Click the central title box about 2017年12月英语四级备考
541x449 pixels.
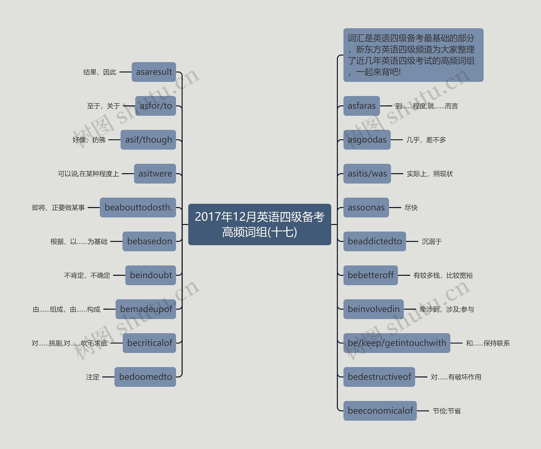click(x=260, y=224)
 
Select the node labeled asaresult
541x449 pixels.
click(x=154, y=72)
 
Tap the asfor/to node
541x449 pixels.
click(x=156, y=106)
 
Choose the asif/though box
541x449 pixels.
click(x=148, y=140)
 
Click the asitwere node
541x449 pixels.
click(x=155, y=174)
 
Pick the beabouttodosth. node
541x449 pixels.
click(x=138, y=207)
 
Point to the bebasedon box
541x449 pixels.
click(x=149, y=242)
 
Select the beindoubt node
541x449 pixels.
click(x=151, y=275)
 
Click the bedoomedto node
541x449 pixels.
click(x=145, y=377)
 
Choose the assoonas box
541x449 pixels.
click(x=366, y=207)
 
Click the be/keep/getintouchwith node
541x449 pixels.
click(x=397, y=343)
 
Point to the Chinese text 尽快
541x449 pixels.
click(x=411, y=208)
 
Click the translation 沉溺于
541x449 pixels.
click(x=432, y=242)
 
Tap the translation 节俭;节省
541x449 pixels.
click(x=447, y=411)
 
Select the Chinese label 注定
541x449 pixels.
click(x=93, y=377)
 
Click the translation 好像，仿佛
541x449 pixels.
click(x=89, y=140)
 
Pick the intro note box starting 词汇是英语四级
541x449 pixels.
click(x=413, y=55)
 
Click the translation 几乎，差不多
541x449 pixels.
click(x=426, y=140)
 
